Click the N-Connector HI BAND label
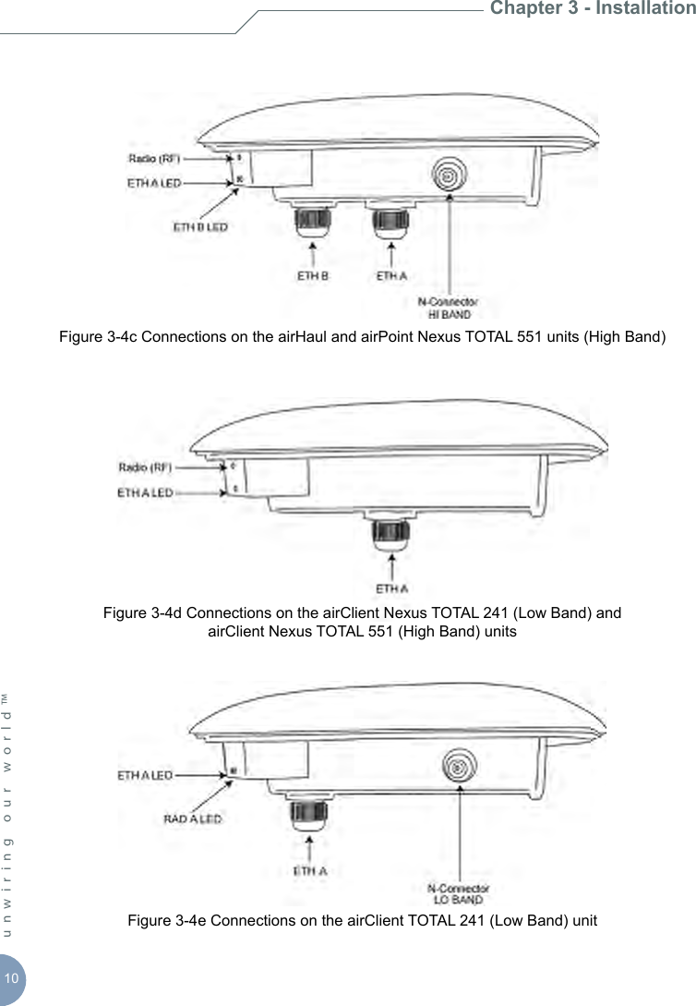(x=449, y=308)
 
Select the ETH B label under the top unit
(x=312, y=274)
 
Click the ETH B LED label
(x=201, y=226)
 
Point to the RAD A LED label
(x=192, y=818)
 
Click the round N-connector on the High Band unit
(x=449, y=175)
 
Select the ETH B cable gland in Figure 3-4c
(x=313, y=222)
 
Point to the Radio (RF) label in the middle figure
(x=145, y=466)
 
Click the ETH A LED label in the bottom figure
(x=144, y=775)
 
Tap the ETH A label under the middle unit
(x=392, y=588)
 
